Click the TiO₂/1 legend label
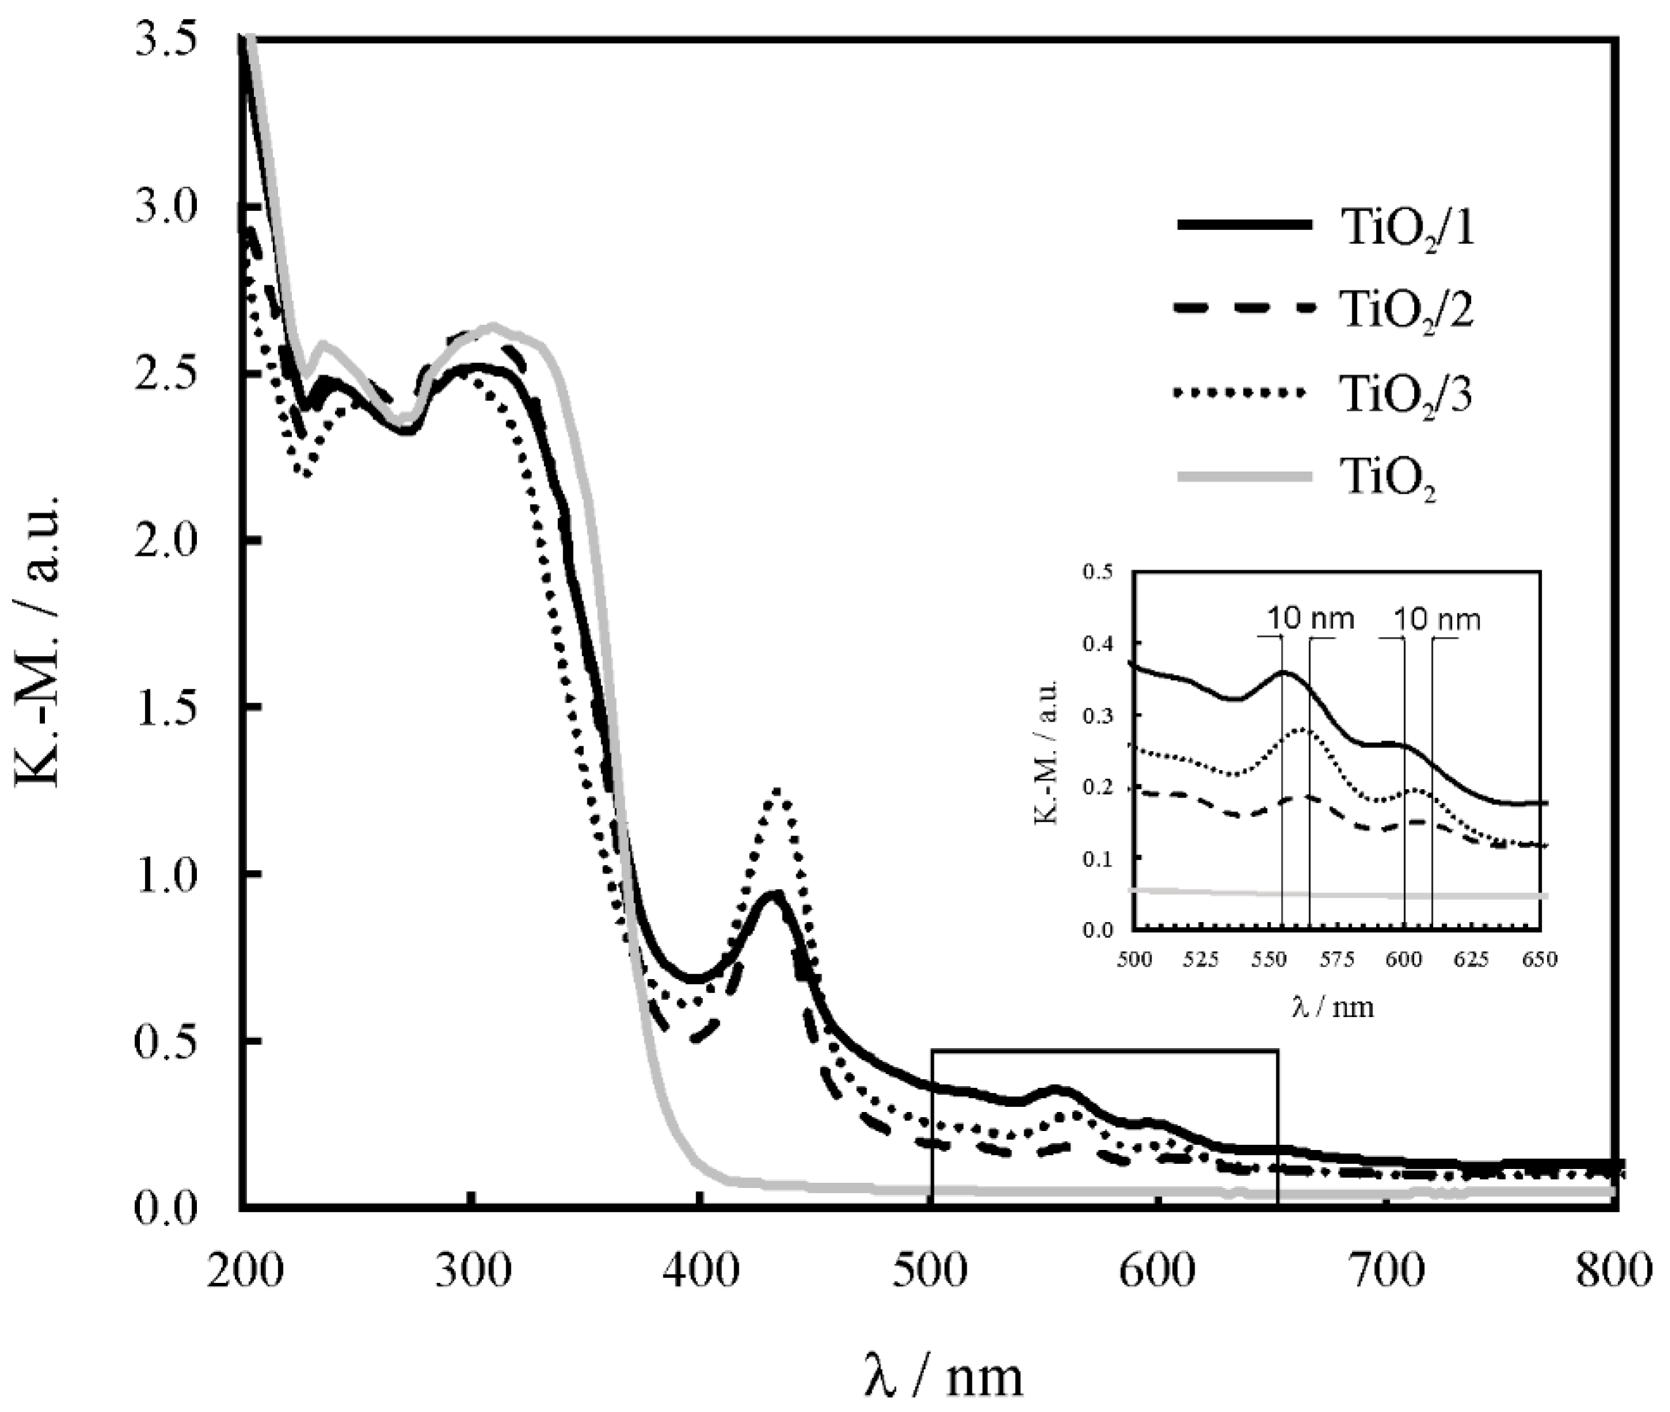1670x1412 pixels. click(1407, 230)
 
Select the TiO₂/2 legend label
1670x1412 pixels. click(1407, 311)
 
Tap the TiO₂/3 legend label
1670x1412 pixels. click(1407, 395)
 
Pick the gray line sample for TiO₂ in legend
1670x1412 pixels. click(1244, 477)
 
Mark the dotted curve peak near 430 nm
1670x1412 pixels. click(777, 791)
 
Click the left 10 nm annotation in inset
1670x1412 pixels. click(1310, 619)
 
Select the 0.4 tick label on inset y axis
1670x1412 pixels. click(1097, 644)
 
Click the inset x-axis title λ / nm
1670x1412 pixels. click(1333, 1006)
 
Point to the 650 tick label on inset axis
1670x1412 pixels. click(1538, 959)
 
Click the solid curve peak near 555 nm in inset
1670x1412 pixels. click(1283, 672)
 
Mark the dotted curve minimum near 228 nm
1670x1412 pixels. click(305, 474)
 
